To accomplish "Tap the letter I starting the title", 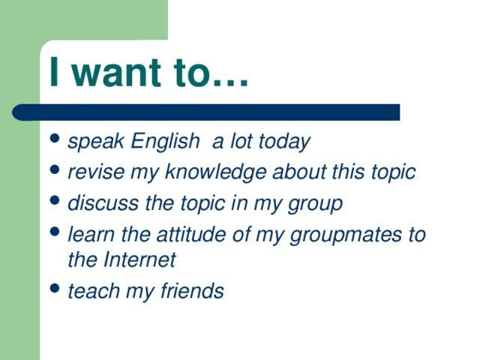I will pyautogui.click(x=53, y=73).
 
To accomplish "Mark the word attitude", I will pyautogui.click(x=185, y=234).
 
